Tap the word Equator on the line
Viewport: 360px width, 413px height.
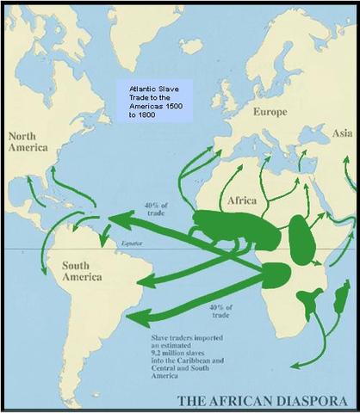[134, 245]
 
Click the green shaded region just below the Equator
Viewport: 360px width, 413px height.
[277, 274]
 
